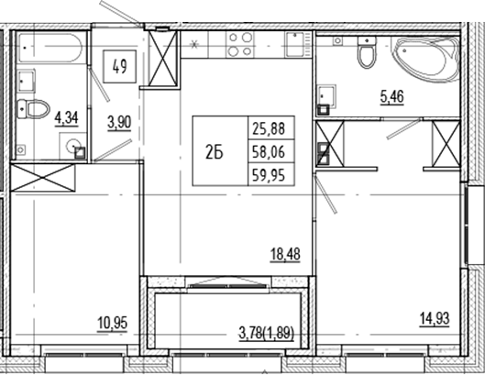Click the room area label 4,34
point(65,117)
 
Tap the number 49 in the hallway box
point(119,65)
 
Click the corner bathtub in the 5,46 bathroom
point(426,60)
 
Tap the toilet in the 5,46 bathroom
point(367,54)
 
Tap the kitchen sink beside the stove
point(294,42)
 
